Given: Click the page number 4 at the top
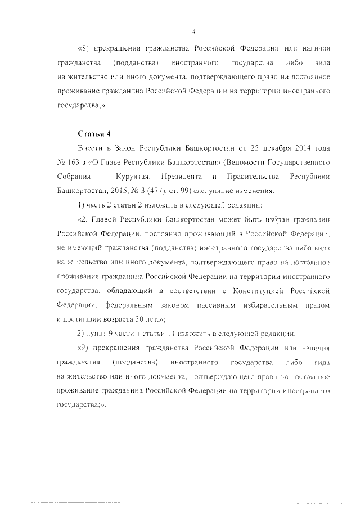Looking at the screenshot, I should pos(193,31).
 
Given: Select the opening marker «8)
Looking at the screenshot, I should pos(83,46).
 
